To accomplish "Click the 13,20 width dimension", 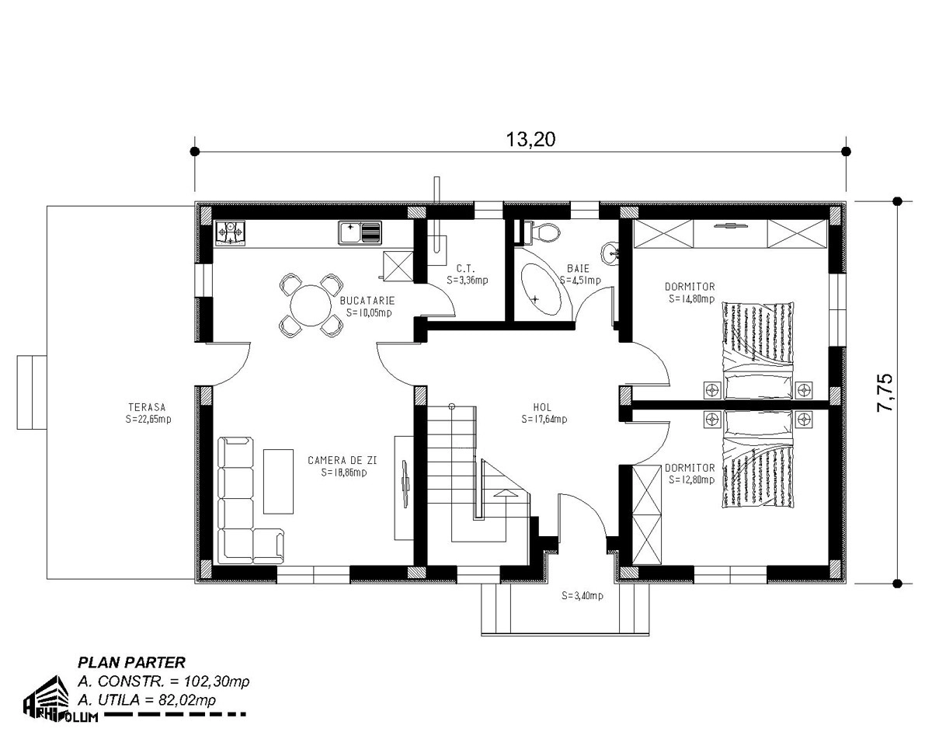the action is click(x=530, y=140).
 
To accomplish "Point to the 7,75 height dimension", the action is click(x=885, y=392).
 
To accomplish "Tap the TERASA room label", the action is click(x=148, y=407).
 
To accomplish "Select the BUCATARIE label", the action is click(x=367, y=301).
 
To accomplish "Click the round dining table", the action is click(x=311, y=305).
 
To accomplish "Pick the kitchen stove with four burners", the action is click(x=230, y=234).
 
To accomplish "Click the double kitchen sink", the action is click(x=360, y=233).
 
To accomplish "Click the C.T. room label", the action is click(x=465, y=269).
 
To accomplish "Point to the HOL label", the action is click(x=542, y=407).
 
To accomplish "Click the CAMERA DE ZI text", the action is click(x=343, y=460).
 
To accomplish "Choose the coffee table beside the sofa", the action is click(x=279, y=481).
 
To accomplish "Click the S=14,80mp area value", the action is click(x=692, y=298).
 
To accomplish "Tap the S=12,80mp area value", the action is click(x=692, y=480).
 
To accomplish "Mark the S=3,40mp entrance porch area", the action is click(x=582, y=596).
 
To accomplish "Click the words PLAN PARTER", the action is click(x=132, y=662).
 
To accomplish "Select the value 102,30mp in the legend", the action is click(x=217, y=682).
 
